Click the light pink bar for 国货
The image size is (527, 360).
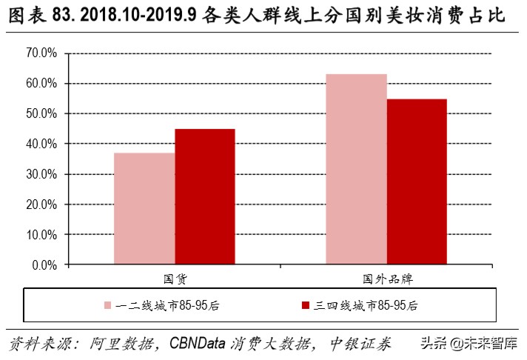(144, 208)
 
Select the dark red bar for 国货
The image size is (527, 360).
(204, 196)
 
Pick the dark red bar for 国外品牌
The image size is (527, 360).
(417, 181)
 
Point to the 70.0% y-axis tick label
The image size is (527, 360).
(41, 53)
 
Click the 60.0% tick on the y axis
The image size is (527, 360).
(41, 84)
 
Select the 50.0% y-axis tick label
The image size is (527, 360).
(41, 114)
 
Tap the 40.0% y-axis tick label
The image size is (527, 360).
(41, 144)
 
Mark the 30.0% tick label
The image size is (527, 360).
(41, 174)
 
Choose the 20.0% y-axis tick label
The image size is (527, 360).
(41, 204)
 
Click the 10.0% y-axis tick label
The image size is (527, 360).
(41, 234)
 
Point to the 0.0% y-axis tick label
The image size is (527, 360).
(44, 264)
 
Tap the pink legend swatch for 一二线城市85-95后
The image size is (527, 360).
(107, 305)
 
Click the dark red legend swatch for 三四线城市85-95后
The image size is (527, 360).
(305, 305)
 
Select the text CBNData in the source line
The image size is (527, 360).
(201, 344)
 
